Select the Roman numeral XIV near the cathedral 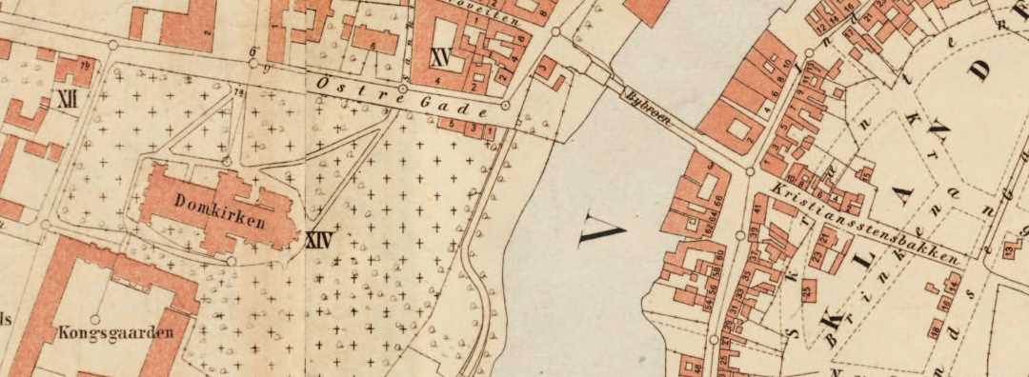[x=319, y=241]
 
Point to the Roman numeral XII [x=68, y=98]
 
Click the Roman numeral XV [x=439, y=56]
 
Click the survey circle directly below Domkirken [x=231, y=260]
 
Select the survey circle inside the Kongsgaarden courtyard [x=93, y=319]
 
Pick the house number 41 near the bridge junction [x=757, y=208]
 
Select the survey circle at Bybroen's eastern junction [x=750, y=172]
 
